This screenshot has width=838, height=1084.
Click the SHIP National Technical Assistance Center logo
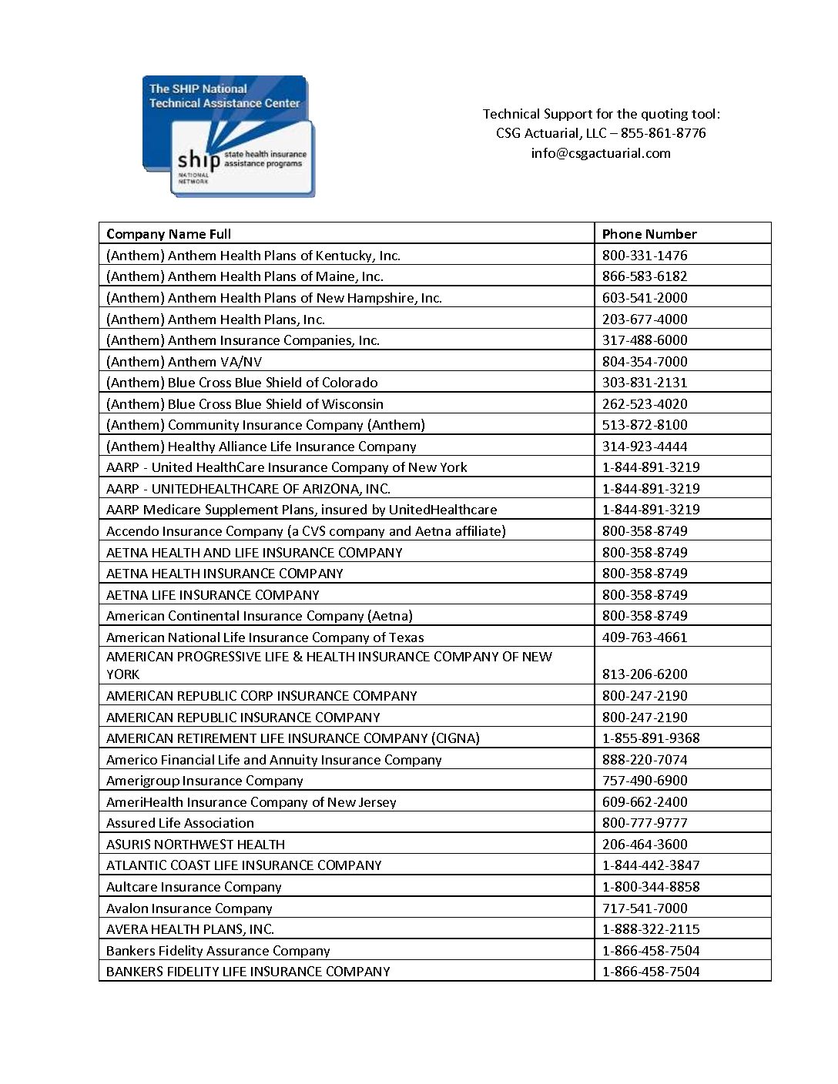(x=229, y=135)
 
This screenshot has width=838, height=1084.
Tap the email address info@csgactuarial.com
(x=600, y=153)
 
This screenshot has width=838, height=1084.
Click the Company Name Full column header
(x=169, y=234)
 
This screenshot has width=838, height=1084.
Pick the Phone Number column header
(x=649, y=234)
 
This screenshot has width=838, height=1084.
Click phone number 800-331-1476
(x=645, y=256)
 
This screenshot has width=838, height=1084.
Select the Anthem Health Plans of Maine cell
(x=244, y=276)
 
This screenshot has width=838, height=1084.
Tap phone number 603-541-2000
(x=645, y=298)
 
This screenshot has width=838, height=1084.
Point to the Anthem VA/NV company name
(x=184, y=362)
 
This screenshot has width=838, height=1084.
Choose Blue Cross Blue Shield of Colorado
(x=242, y=383)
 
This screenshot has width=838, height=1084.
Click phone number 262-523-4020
(x=645, y=404)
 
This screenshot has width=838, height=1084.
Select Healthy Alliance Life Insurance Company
(x=261, y=447)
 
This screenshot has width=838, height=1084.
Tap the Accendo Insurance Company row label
(x=306, y=531)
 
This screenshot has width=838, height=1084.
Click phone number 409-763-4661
(x=645, y=637)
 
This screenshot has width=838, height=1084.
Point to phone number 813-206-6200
(x=645, y=674)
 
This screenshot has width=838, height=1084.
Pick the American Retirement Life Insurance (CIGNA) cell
(x=293, y=738)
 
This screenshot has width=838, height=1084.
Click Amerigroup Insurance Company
(x=204, y=781)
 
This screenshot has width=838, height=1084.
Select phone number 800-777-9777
(x=645, y=823)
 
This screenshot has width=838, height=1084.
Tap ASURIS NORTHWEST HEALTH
(x=195, y=845)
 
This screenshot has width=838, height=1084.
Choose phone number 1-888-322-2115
(x=651, y=929)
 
